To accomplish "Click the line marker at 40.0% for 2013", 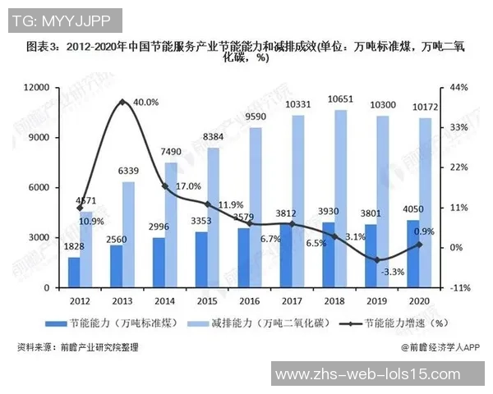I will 122,102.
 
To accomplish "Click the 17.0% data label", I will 188,186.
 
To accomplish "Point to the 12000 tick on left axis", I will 38,87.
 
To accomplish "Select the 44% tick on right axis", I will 457,87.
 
